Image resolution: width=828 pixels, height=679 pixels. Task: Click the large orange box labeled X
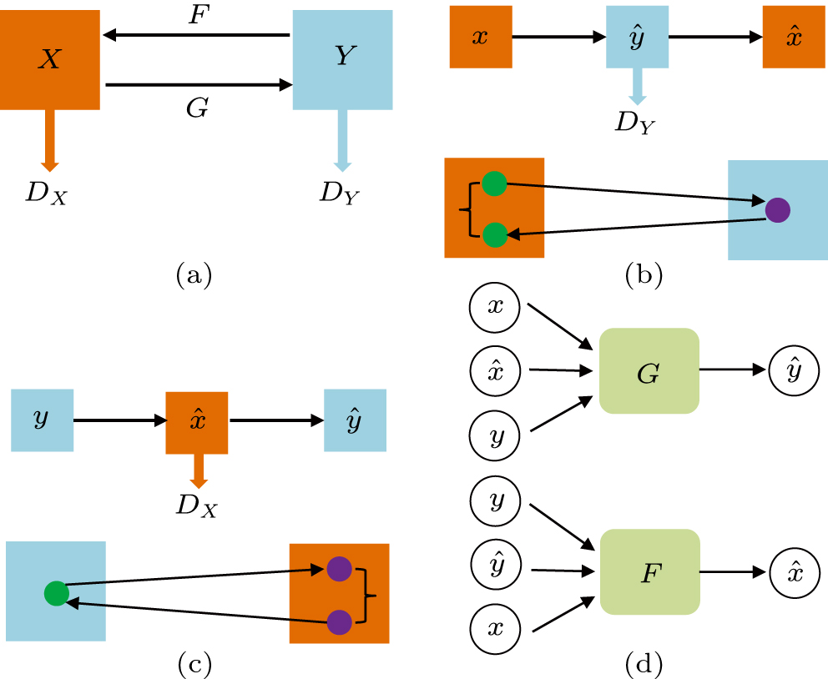click(x=50, y=59)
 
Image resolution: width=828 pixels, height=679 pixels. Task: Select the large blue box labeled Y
click(x=342, y=59)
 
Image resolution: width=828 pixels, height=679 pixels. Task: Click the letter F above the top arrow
click(x=197, y=16)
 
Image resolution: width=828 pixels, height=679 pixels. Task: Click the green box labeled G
click(x=649, y=370)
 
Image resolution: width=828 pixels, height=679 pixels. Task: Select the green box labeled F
click(x=649, y=571)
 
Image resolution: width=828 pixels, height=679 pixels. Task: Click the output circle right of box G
click(x=794, y=370)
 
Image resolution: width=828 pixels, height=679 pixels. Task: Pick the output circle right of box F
click(x=794, y=571)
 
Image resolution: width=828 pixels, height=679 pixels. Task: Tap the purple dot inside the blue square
click(x=777, y=209)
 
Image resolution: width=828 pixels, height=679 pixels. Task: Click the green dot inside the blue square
click(x=56, y=593)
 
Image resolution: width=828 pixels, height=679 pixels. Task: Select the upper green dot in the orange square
click(x=494, y=183)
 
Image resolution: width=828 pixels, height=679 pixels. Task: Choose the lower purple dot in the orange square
click(x=339, y=621)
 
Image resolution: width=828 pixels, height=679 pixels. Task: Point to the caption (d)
click(x=644, y=664)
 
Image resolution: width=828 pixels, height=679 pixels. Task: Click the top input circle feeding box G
click(x=495, y=307)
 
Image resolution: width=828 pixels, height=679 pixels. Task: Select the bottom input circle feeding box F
click(x=495, y=626)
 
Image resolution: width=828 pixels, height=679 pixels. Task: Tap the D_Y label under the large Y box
click(x=341, y=193)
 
